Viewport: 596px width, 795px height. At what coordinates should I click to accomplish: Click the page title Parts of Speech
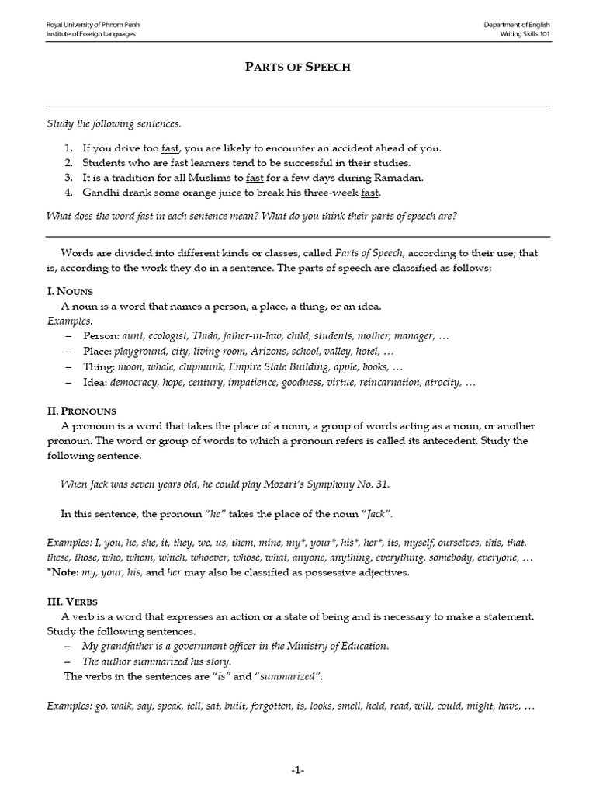pos(298,67)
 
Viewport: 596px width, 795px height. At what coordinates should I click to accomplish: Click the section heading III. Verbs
pos(74,601)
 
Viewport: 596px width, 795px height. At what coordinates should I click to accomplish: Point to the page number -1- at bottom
pos(298,769)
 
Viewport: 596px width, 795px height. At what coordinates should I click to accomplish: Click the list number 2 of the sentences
pos(68,163)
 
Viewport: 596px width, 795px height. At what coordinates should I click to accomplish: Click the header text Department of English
pos(517,25)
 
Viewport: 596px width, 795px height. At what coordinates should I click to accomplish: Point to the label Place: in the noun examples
pos(102,351)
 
